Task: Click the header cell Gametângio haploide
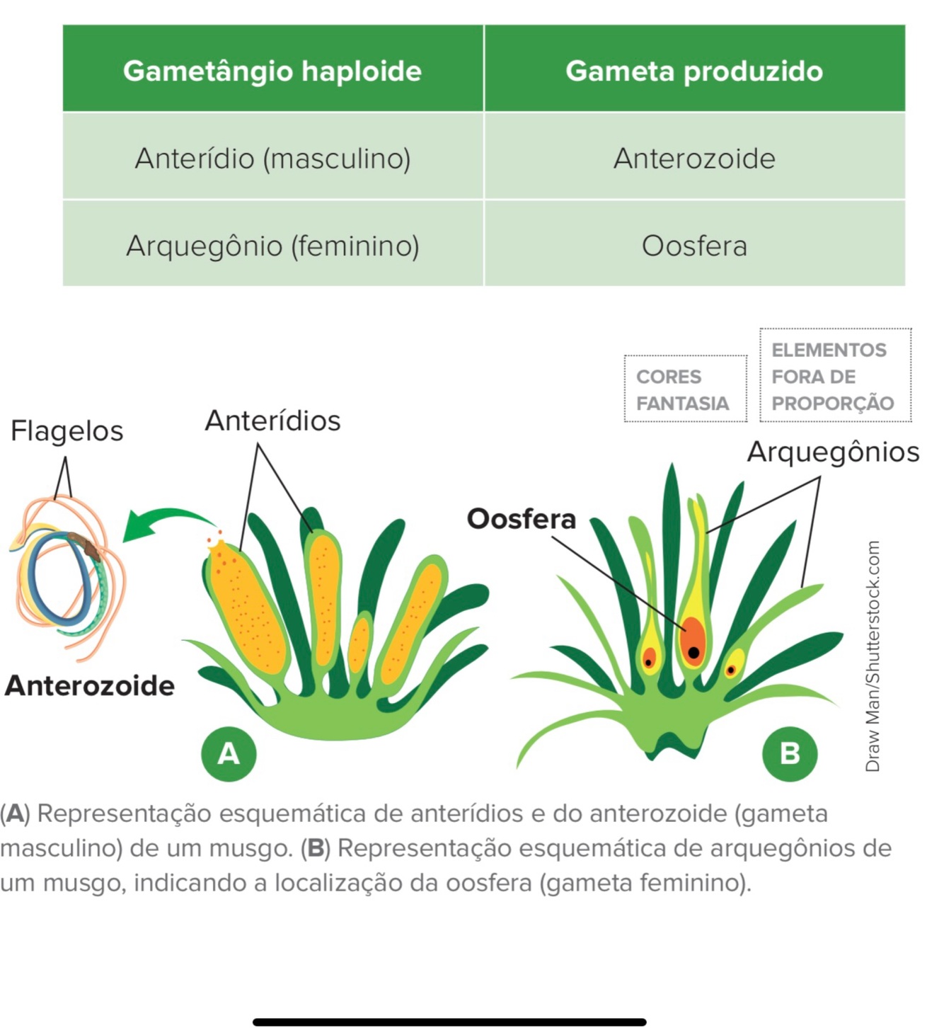tap(272, 71)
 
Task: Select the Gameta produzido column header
tap(694, 71)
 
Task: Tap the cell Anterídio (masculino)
tap(272, 158)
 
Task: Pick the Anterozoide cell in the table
tap(694, 158)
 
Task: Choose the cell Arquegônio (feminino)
tap(272, 246)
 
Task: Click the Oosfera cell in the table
tap(694, 246)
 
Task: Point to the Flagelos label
tap(67, 430)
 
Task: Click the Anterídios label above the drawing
tap(272, 421)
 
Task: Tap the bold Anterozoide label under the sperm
tap(90, 685)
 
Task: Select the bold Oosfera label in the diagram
tap(522, 519)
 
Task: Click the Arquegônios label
tap(833, 452)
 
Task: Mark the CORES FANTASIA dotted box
tap(685, 389)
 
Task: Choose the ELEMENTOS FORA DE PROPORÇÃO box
tap(835, 376)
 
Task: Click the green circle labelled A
tap(229, 753)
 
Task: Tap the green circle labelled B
tap(790, 753)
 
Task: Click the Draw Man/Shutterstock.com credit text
tap(873, 656)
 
